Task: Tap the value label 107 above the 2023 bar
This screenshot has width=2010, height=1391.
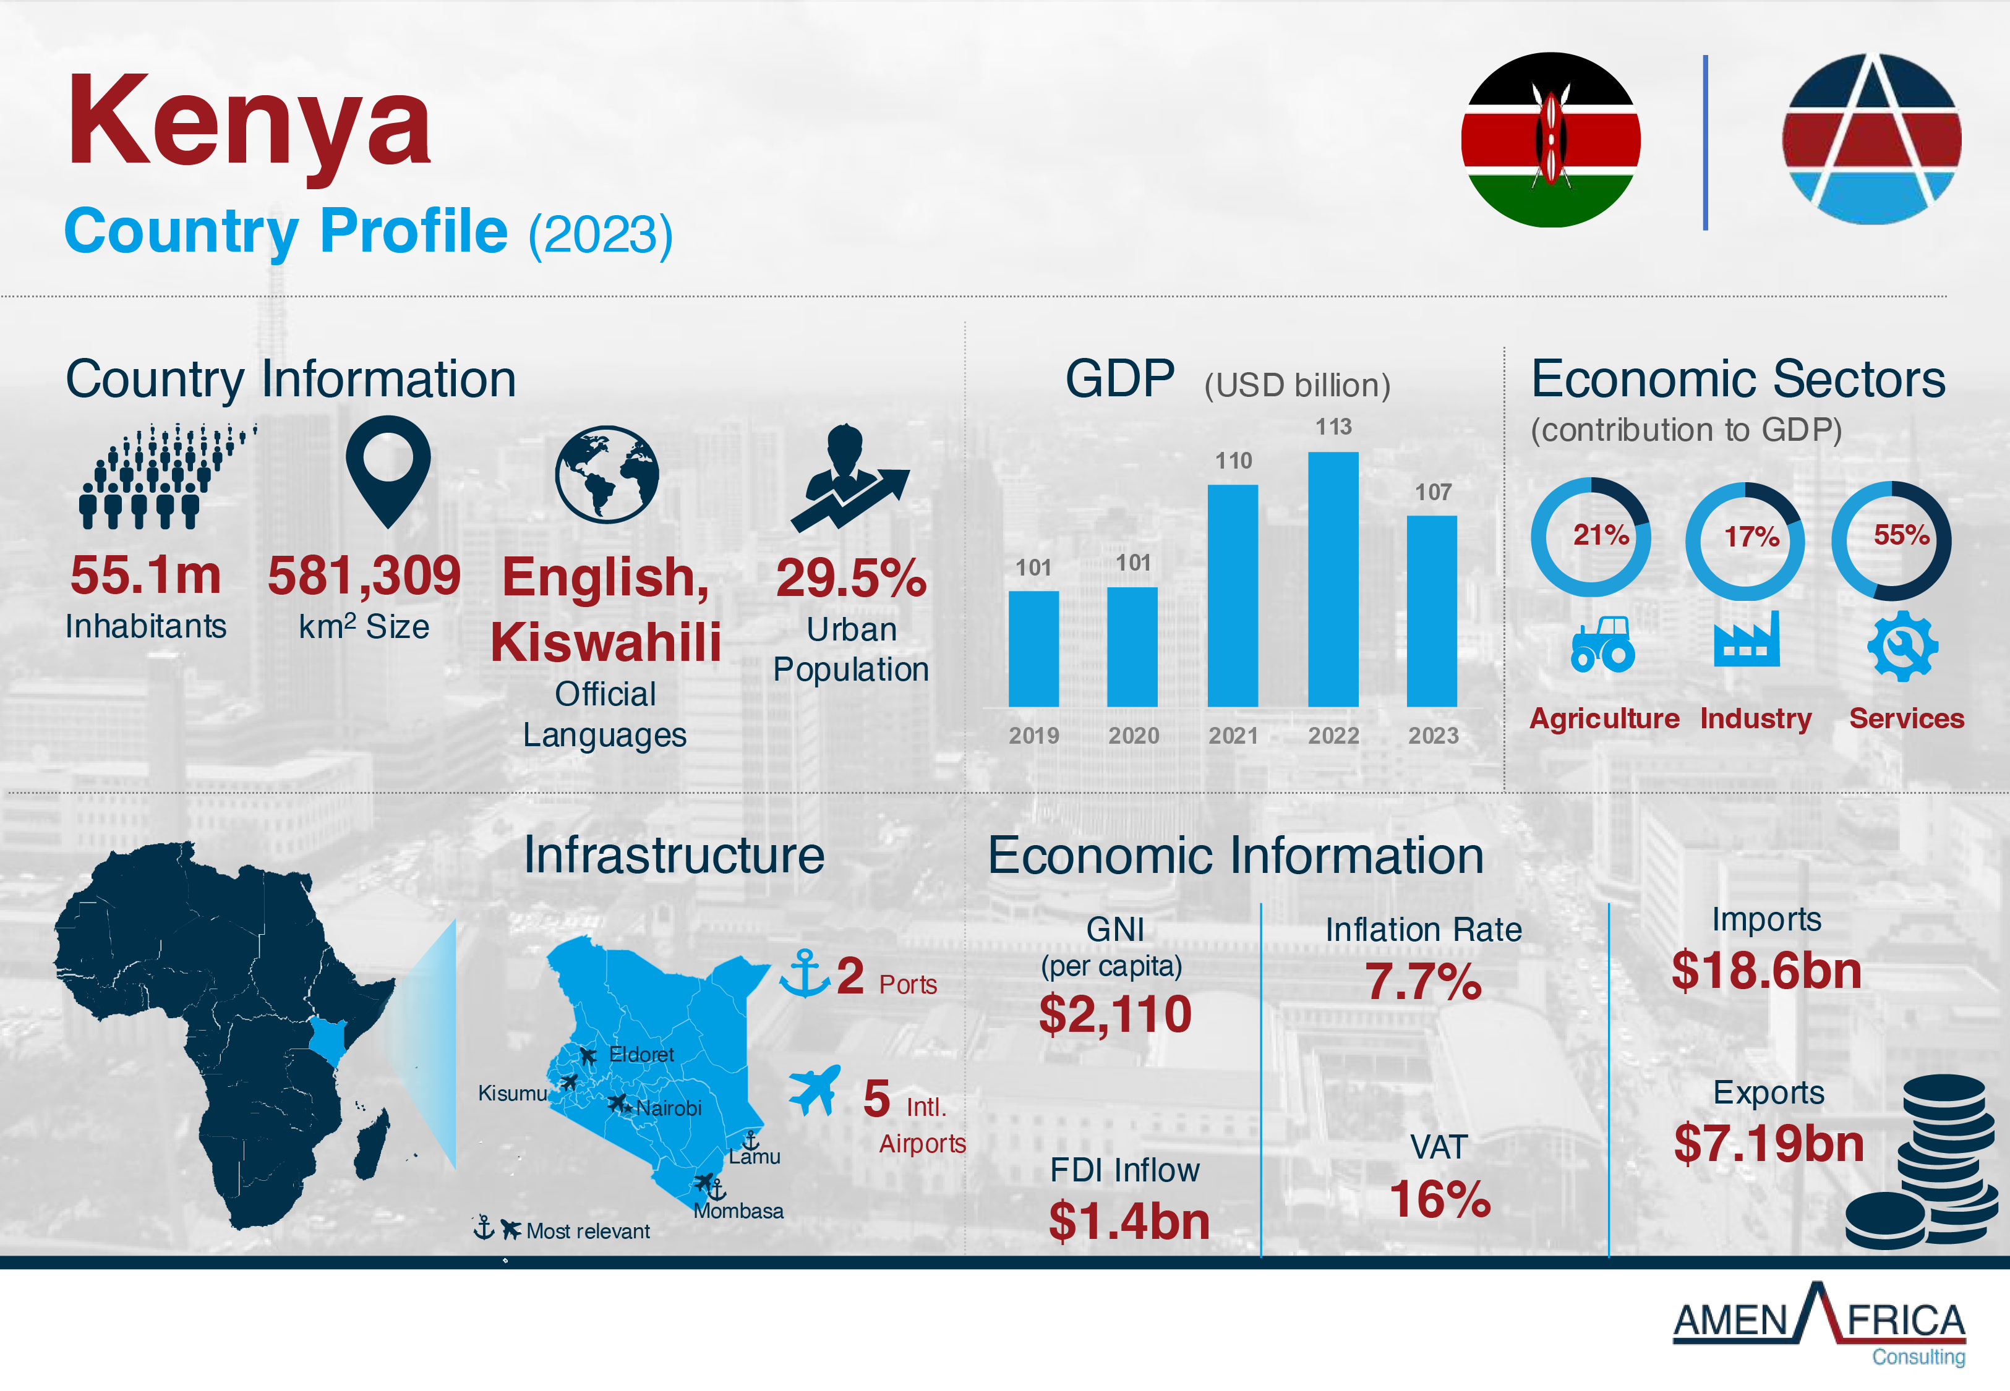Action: (x=1433, y=493)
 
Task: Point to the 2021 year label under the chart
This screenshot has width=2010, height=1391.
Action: (x=1233, y=736)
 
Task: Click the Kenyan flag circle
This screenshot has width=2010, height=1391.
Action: (x=1550, y=140)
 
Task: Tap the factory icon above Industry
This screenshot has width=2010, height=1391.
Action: (x=1747, y=640)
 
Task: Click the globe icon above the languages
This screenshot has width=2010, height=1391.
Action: (x=607, y=474)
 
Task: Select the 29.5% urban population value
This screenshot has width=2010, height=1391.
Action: (x=851, y=578)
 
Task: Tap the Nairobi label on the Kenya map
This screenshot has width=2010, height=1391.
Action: (x=669, y=1108)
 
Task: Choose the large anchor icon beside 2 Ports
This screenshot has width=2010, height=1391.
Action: (x=803, y=974)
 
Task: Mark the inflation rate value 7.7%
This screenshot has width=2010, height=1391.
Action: (x=1422, y=982)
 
